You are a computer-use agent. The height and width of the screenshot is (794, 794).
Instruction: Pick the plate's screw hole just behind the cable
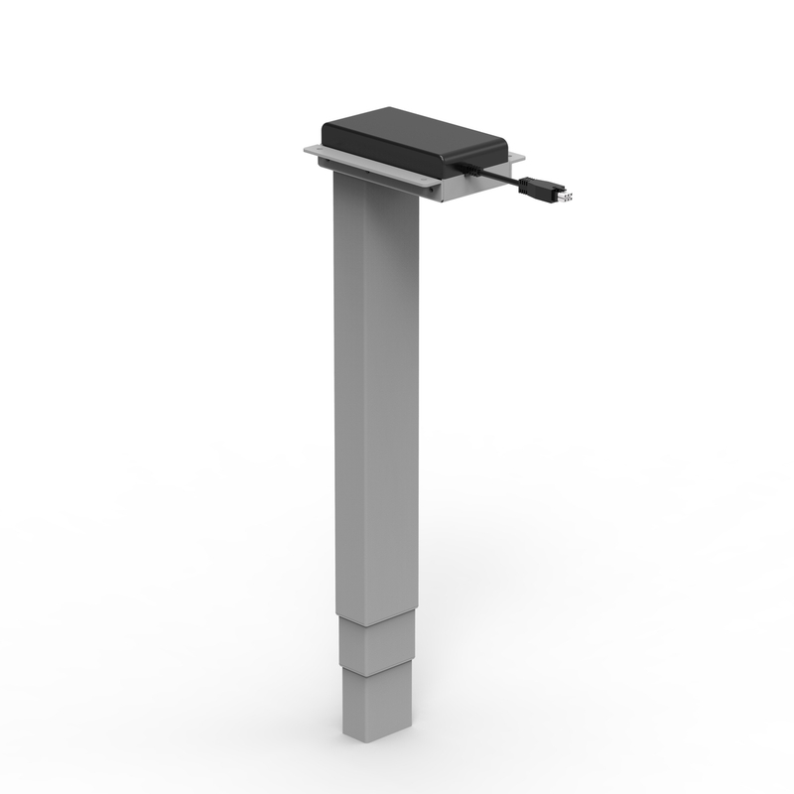click(x=517, y=159)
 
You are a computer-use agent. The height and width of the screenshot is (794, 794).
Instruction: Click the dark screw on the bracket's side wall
click(x=367, y=178)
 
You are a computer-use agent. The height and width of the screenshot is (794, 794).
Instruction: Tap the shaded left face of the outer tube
click(x=348, y=397)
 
